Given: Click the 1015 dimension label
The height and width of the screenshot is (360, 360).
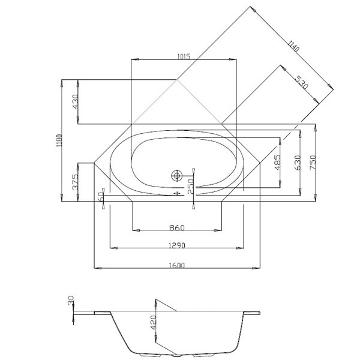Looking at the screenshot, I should tap(184, 56).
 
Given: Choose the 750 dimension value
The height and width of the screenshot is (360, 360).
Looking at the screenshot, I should tap(313, 162).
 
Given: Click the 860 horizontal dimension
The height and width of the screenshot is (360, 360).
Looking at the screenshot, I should tap(176, 227).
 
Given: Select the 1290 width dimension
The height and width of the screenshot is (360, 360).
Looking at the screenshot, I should tap(176, 245).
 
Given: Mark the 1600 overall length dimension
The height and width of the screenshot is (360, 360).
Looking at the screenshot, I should tap(176, 265).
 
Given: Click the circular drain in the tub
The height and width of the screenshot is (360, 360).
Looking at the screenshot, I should tap(177, 176).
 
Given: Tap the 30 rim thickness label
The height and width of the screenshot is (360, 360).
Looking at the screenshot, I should tap(71, 300).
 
